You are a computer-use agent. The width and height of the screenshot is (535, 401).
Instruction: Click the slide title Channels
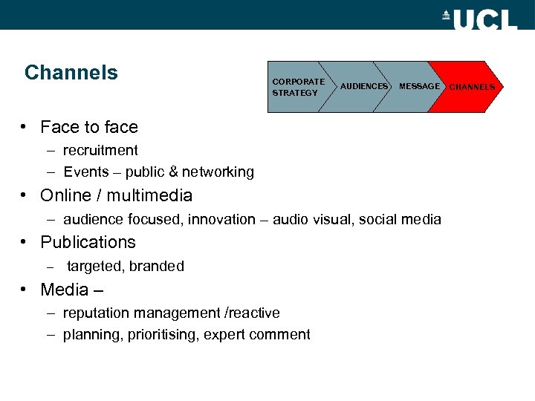[71, 73]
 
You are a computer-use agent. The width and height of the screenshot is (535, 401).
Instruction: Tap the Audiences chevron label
[364, 87]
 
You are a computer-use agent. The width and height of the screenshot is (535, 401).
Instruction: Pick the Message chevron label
[419, 87]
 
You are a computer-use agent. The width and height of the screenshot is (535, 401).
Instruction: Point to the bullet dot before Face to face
[25, 127]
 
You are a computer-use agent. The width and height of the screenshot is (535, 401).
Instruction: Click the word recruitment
[100, 151]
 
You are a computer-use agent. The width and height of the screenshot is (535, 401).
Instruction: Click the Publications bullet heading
[88, 243]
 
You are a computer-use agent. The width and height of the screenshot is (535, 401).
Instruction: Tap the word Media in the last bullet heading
[64, 290]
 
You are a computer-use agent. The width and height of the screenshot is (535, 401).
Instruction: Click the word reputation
[97, 313]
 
